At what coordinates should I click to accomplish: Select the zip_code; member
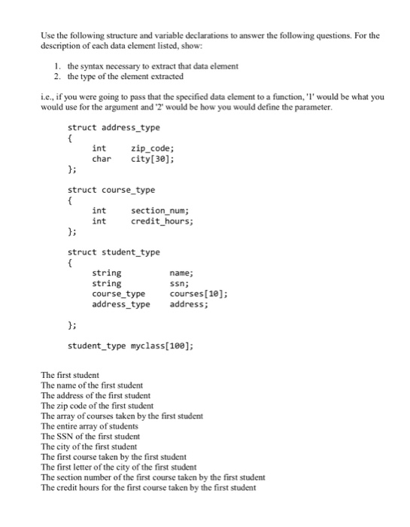(x=154, y=148)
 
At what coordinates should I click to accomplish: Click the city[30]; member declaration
(x=153, y=159)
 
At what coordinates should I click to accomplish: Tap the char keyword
(x=102, y=159)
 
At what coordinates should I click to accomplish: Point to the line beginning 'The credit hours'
(x=148, y=487)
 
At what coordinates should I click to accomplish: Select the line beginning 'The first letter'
(x=118, y=467)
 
